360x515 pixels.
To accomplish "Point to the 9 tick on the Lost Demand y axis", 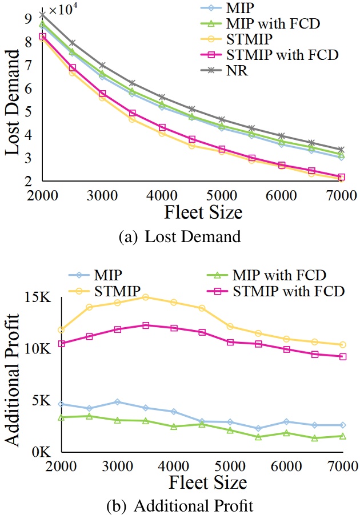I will click(x=27, y=19).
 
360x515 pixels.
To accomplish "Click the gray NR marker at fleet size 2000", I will click(x=43, y=14).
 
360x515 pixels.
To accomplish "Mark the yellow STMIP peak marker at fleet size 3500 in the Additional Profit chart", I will click(x=146, y=297).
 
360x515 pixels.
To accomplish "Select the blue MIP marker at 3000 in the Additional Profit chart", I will click(x=118, y=402).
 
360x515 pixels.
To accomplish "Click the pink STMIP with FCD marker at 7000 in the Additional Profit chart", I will click(x=343, y=356).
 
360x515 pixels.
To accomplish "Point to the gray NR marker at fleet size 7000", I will click(x=341, y=150).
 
